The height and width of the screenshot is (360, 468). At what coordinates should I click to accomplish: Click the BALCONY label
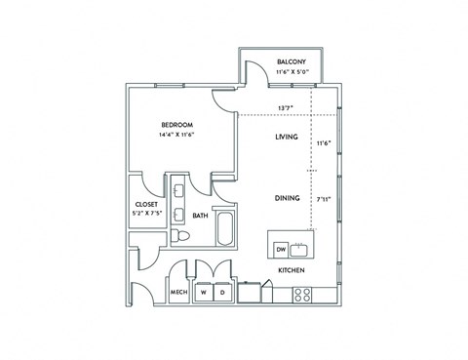pyautogui.click(x=292, y=61)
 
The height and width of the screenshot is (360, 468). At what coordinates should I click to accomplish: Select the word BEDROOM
pyautogui.click(x=177, y=125)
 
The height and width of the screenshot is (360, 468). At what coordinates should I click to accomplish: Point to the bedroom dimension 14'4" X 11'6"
pyautogui.click(x=177, y=136)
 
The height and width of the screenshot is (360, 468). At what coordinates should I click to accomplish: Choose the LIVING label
pyautogui.click(x=286, y=139)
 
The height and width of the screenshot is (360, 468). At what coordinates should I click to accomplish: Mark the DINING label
pyautogui.click(x=287, y=198)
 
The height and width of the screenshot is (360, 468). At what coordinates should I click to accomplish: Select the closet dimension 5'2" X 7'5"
pyautogui.click(x=146, y=215)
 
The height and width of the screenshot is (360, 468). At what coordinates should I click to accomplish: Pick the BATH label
pyautogui.click(x=199, y=216)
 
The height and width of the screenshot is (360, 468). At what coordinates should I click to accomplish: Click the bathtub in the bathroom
pyautogui.click(x=223, y=230)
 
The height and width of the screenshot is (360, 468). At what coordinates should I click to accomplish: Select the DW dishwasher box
pyautogui.click(x=280, y=248)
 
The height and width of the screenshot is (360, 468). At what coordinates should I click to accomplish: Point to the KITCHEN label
pyautogui.click(x=292, y=269)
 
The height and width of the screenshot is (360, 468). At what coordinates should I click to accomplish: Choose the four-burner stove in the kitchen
pyautogui.click(x=302, y=292)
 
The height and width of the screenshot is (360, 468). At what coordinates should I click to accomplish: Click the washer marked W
pyautogui.click(x=204, y=292)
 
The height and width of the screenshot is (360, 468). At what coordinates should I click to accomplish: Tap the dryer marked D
pyautogui.click(x=222, y=292)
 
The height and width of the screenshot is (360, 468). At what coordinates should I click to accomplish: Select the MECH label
pyautogui.click(x=178, y=292)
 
